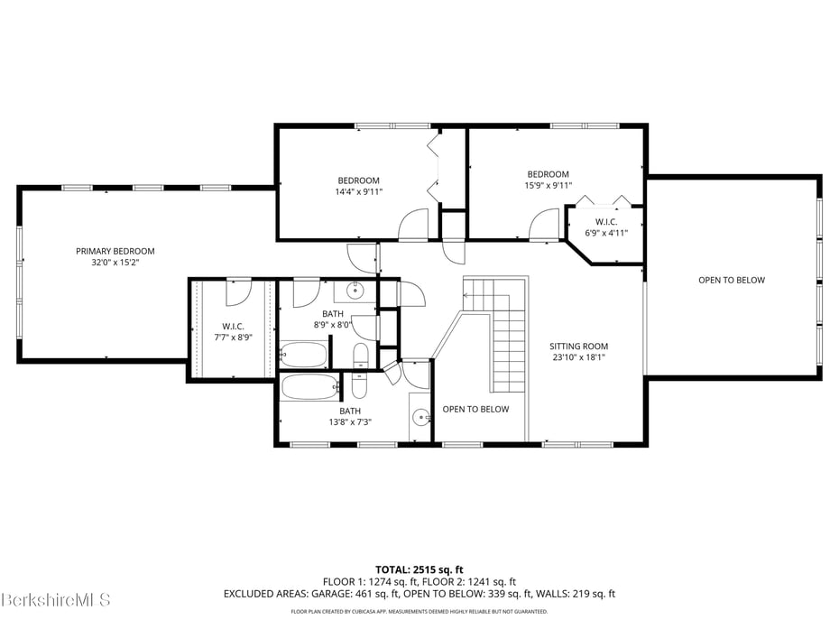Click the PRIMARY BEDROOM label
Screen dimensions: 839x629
[x=115, y=251]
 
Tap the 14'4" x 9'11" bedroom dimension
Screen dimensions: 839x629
[x=358, y=191]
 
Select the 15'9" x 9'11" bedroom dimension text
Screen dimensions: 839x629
[x=548, y=185]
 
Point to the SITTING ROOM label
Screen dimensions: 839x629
[x=578, y=347]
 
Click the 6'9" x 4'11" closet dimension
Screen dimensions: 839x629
[x=606, y=233]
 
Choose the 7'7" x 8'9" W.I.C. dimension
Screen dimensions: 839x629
[x=234, y=338]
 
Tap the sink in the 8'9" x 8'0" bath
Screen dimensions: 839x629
[x=355, y=291]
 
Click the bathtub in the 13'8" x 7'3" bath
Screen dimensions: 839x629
[x=309, y=387]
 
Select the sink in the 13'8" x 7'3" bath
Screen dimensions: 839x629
[x=422, y=417]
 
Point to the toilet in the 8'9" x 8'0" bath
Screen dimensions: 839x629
[x=360, y=356]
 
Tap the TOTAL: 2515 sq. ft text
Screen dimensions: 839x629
[x=419, y=569]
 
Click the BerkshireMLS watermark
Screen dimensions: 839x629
[x=55, y=599]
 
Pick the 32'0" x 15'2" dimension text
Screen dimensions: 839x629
[x=115, y=263]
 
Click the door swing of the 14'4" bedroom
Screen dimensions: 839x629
[x=414, y=225]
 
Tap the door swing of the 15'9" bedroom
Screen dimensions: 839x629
[x=544, y=225]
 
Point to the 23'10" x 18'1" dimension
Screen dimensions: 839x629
[x=578, y=357]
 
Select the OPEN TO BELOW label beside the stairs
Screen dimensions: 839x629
[x=475, y=410]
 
